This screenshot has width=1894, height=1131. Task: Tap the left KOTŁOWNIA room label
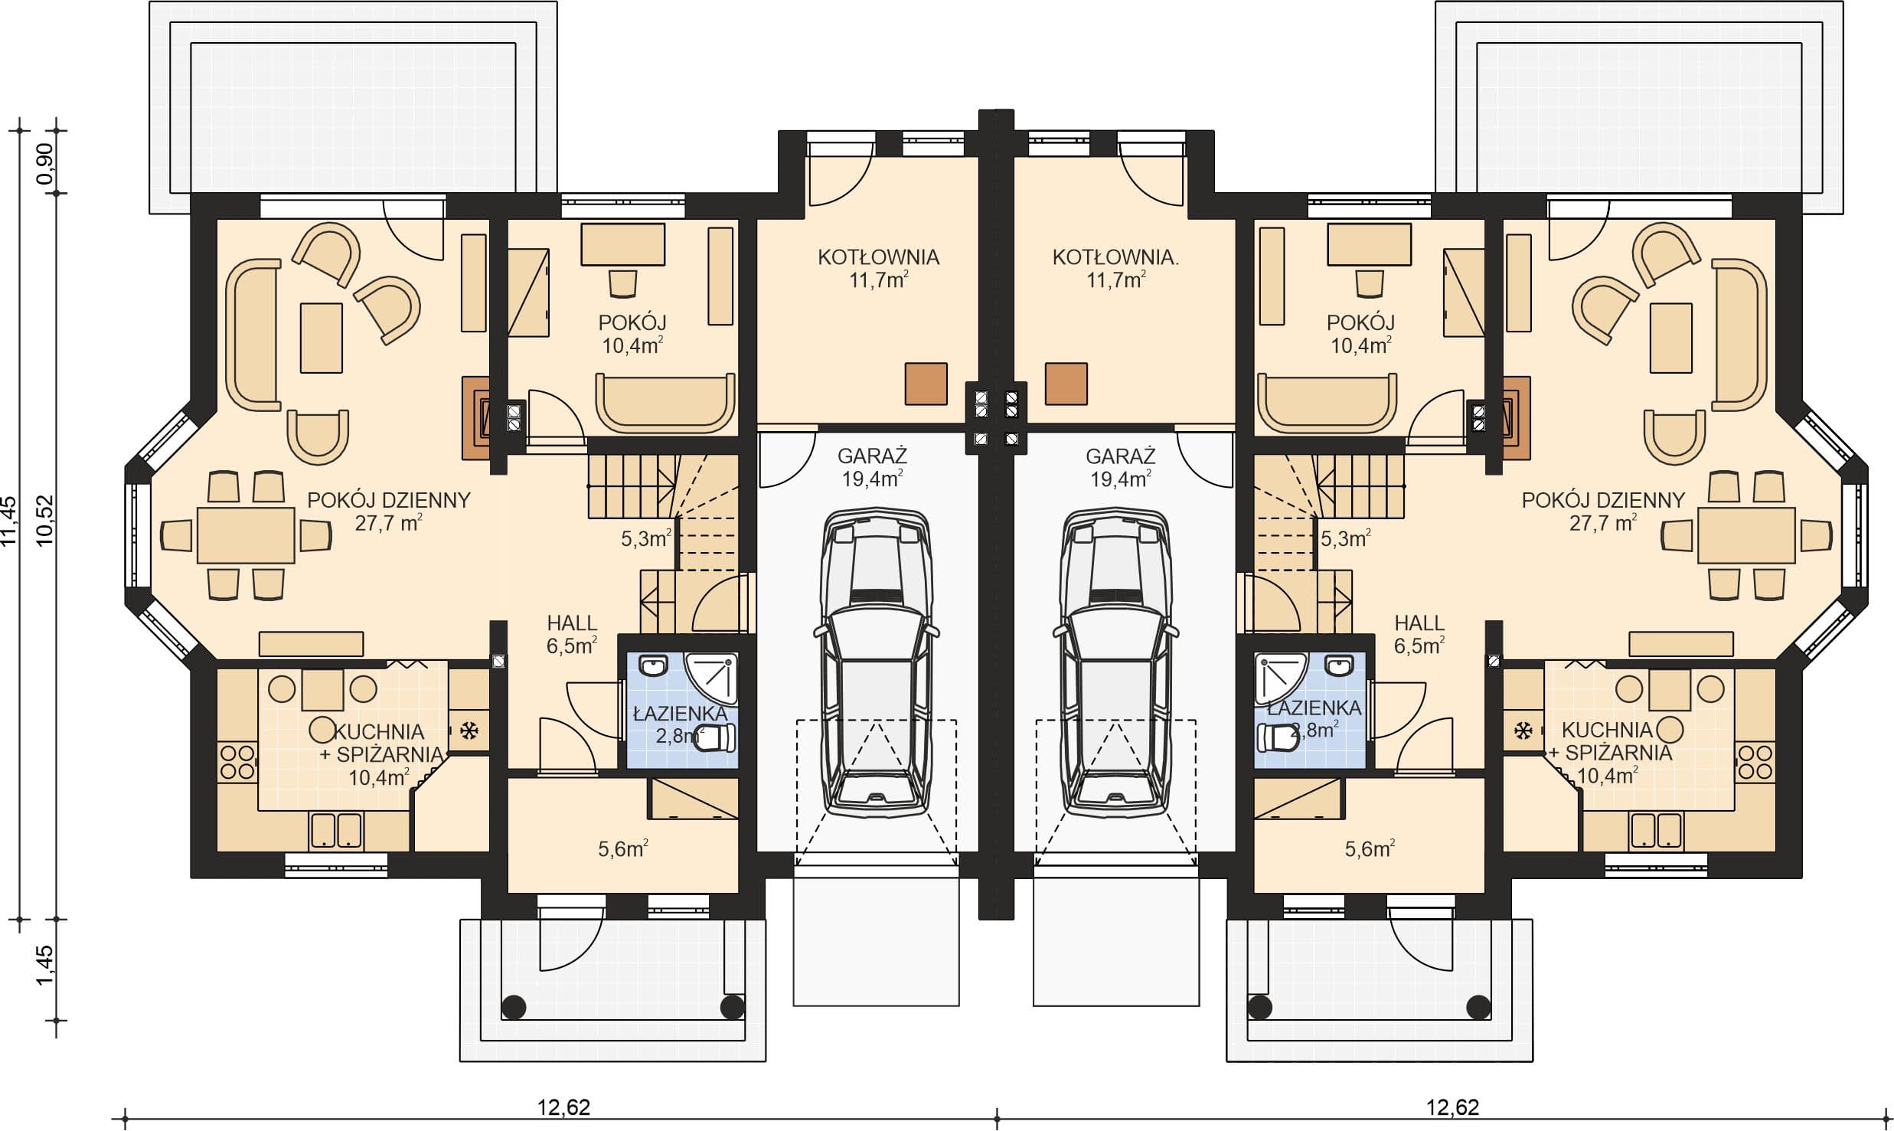point(878,257)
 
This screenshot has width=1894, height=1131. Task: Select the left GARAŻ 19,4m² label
point(872,467)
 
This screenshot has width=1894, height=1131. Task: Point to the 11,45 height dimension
point(9,521)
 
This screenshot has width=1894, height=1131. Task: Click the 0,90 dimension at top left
point(46,163)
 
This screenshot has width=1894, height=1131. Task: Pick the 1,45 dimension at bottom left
point(46,966)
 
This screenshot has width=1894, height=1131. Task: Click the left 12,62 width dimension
point(563,1107)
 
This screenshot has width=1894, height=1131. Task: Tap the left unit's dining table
point(246,535)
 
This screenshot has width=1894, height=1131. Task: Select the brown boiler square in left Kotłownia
point(926,384)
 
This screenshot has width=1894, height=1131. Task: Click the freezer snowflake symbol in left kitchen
point(469,731)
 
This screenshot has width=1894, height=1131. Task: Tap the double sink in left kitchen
point(336,831)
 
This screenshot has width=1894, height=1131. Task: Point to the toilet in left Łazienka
point(716,737)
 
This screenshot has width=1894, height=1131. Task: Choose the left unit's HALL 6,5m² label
point(572,635)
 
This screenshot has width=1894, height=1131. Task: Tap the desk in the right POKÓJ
point(1370,244)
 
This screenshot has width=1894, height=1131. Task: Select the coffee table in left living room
point(322,338)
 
